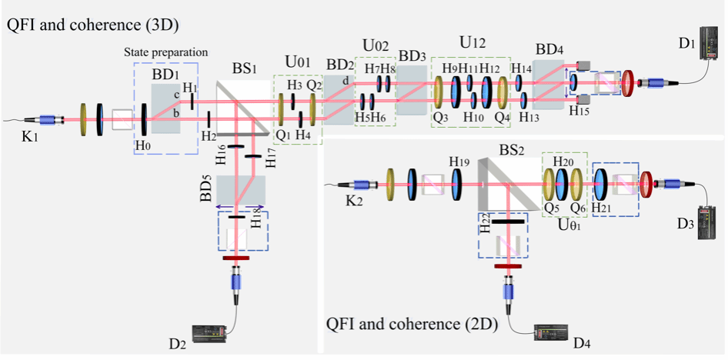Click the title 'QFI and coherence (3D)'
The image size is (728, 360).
pos(92,25)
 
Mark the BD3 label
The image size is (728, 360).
pos(412,57)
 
